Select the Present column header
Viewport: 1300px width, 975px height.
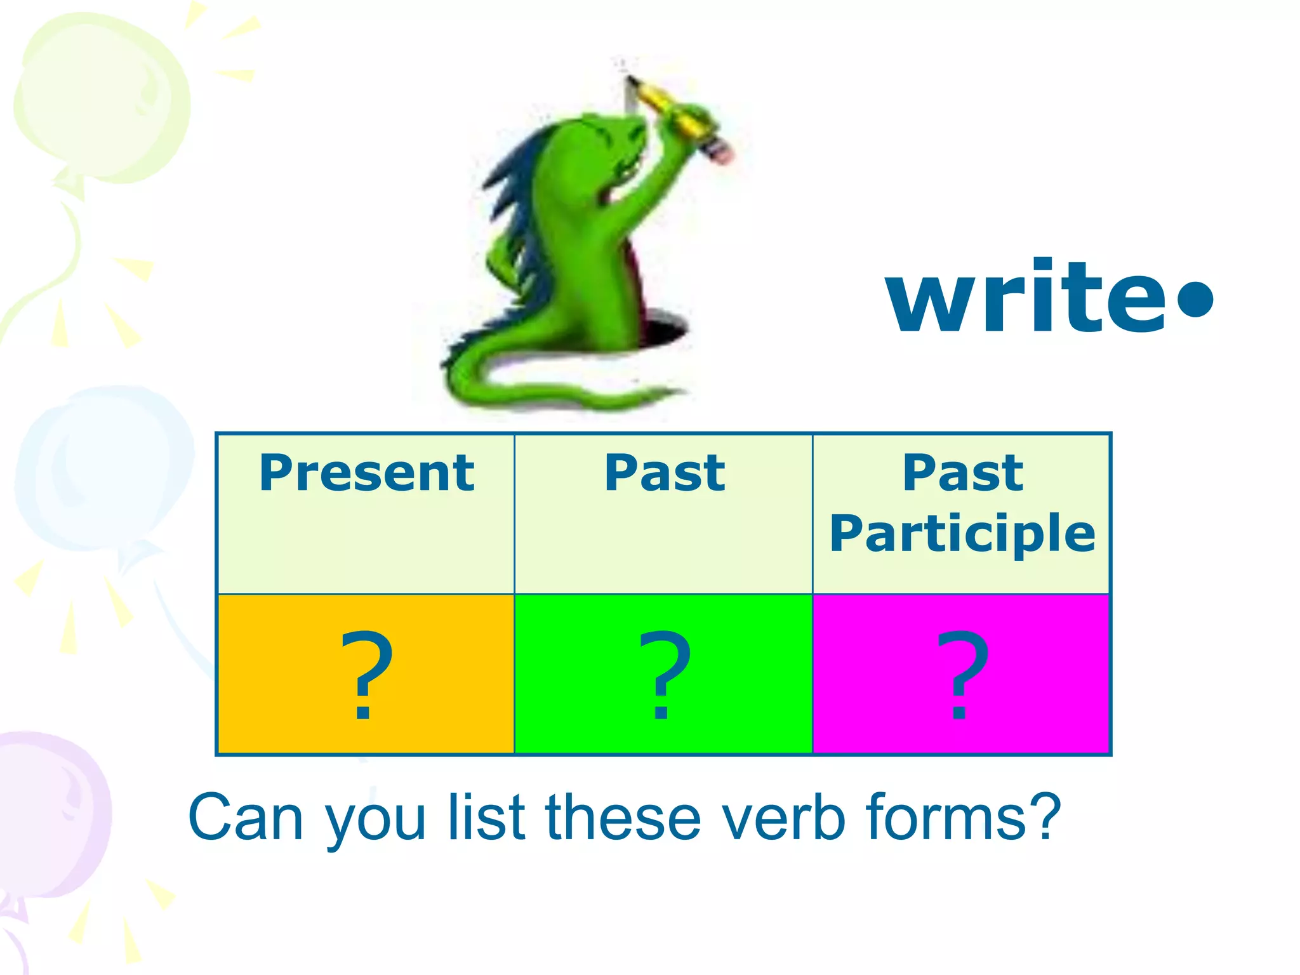click(366, 473)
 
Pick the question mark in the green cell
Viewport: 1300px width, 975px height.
click(663, 674)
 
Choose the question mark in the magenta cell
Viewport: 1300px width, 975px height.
click(962, 674)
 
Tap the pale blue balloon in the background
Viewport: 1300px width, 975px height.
click(102, 470)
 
